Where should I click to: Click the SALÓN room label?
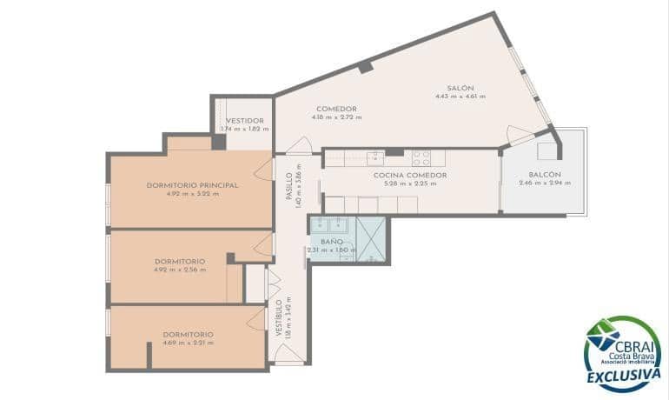click(x=460, y=88)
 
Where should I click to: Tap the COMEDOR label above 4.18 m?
click(x=336, y=109)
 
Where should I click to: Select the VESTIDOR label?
click(x=244, y=121)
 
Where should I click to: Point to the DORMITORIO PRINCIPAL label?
click(x=192, y=185)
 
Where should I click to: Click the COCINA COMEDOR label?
click(x=410, y=175)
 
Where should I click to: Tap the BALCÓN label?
click(x=545, y=175)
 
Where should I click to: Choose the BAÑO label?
click(x=331, y=241)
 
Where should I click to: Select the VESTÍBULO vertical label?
click(x=279, y=317)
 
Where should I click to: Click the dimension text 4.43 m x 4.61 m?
click(x=460, y=97)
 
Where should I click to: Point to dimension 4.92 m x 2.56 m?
click(x=180, y=270)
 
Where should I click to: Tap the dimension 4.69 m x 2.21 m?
click(x=189, y=343)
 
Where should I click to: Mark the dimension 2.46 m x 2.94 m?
click(x=545, y=183)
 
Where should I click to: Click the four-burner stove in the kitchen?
click(x=421, y=158)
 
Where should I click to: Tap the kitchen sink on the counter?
click(x=375, y=157)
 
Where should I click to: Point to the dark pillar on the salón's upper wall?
click(x=366, y=67)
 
